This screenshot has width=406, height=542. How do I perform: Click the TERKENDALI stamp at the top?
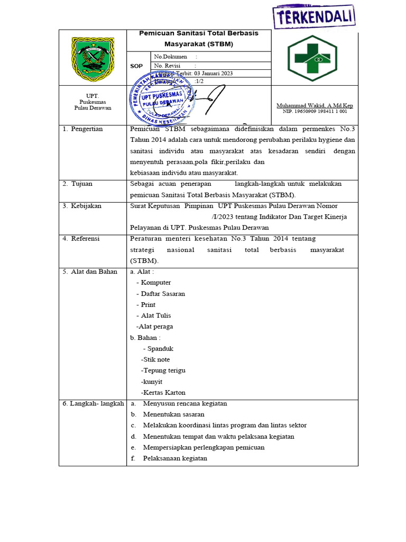314,16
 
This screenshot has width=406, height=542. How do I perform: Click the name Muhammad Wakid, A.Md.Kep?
315,106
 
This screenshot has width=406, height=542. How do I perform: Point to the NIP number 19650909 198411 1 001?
315,112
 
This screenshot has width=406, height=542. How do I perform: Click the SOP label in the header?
136,66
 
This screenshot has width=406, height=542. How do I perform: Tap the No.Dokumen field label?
168,56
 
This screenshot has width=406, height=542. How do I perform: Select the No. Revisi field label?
167,66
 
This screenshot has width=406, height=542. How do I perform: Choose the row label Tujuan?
81,184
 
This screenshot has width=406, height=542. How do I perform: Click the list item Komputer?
155,283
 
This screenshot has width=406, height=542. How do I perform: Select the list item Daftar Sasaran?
163,294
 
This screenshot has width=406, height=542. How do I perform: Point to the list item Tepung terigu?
164,371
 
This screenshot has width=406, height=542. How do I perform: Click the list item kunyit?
152,382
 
